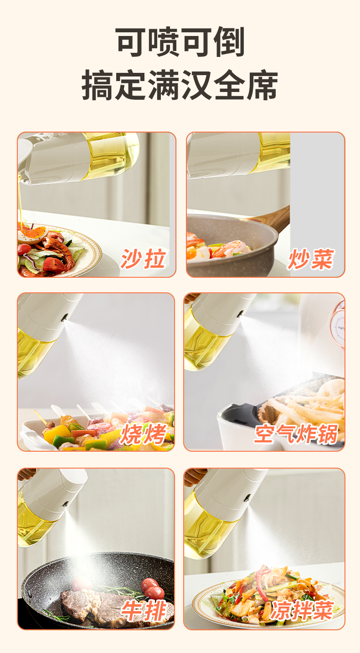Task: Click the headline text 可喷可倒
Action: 180,42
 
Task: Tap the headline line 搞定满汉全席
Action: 180,85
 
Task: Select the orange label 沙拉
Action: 143,259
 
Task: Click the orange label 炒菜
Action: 311,259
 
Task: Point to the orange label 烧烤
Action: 143,434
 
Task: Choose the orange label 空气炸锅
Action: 296,434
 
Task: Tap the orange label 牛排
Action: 143,611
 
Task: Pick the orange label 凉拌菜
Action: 302,610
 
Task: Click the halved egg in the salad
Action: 32,235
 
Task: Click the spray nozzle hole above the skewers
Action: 64,317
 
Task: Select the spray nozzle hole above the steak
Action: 66,504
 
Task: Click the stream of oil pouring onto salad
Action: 20,201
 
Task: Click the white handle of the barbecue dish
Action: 32,437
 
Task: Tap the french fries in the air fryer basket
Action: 306,402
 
